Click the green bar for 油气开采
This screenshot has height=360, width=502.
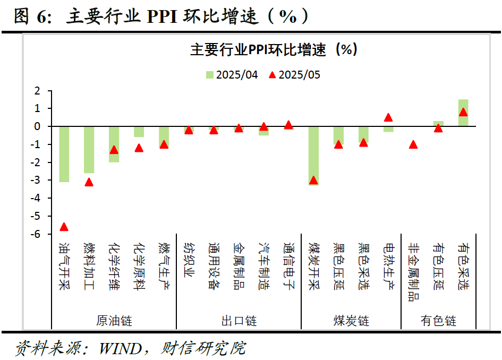[x=64, y=154]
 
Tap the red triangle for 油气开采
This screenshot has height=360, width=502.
[x=64, y=227]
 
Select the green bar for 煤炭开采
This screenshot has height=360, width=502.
[x=313, y=156]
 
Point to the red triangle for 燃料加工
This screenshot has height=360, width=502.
[x=89, y=182]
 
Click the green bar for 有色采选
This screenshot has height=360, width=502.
[x=463, y=113]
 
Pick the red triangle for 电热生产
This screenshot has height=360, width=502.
[x=388, y=117]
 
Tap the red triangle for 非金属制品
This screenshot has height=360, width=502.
[x=413, y=144]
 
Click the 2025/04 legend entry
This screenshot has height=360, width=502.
[x=232, y=75]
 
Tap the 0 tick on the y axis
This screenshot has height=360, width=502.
[x=37, y=126]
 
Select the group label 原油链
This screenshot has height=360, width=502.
[x=114, y=321]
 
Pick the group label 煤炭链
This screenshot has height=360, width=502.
[x=351, y=321]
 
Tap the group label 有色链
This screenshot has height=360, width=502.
[x=438, y=321]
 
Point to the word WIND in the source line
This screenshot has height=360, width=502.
[x=117, y=349]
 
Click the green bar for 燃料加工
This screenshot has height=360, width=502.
[x=89, y=150]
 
